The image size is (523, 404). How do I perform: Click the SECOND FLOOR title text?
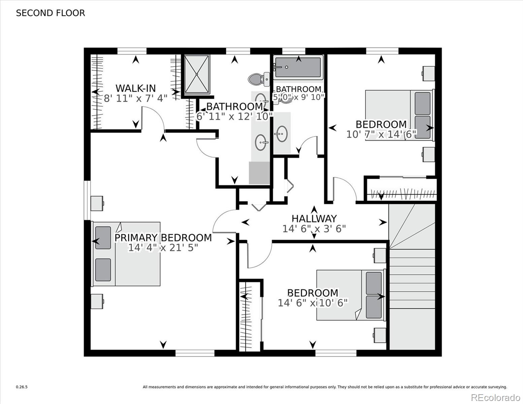click(51, 13)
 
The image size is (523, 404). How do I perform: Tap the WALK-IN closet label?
click(135, 88)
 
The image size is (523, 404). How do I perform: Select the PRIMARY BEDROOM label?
click(163, 238)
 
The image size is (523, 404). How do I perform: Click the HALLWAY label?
click(314, 219)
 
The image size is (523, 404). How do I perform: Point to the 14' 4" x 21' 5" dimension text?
click(163, 248)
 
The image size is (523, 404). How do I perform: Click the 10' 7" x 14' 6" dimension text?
click(381, 134)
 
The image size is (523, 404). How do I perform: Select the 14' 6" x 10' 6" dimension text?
click(313, 303)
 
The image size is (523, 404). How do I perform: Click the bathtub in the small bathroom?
click(298, 67)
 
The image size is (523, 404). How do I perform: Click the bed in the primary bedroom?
click(126, 254)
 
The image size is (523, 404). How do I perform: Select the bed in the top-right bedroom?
click(399, 115)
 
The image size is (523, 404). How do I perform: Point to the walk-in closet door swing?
click(153, 118)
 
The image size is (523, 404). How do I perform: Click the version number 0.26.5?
click(22, 387)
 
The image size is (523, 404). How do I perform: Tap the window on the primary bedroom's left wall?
click(88, 200)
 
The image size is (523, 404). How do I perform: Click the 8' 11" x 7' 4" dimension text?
click(135, 99)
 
